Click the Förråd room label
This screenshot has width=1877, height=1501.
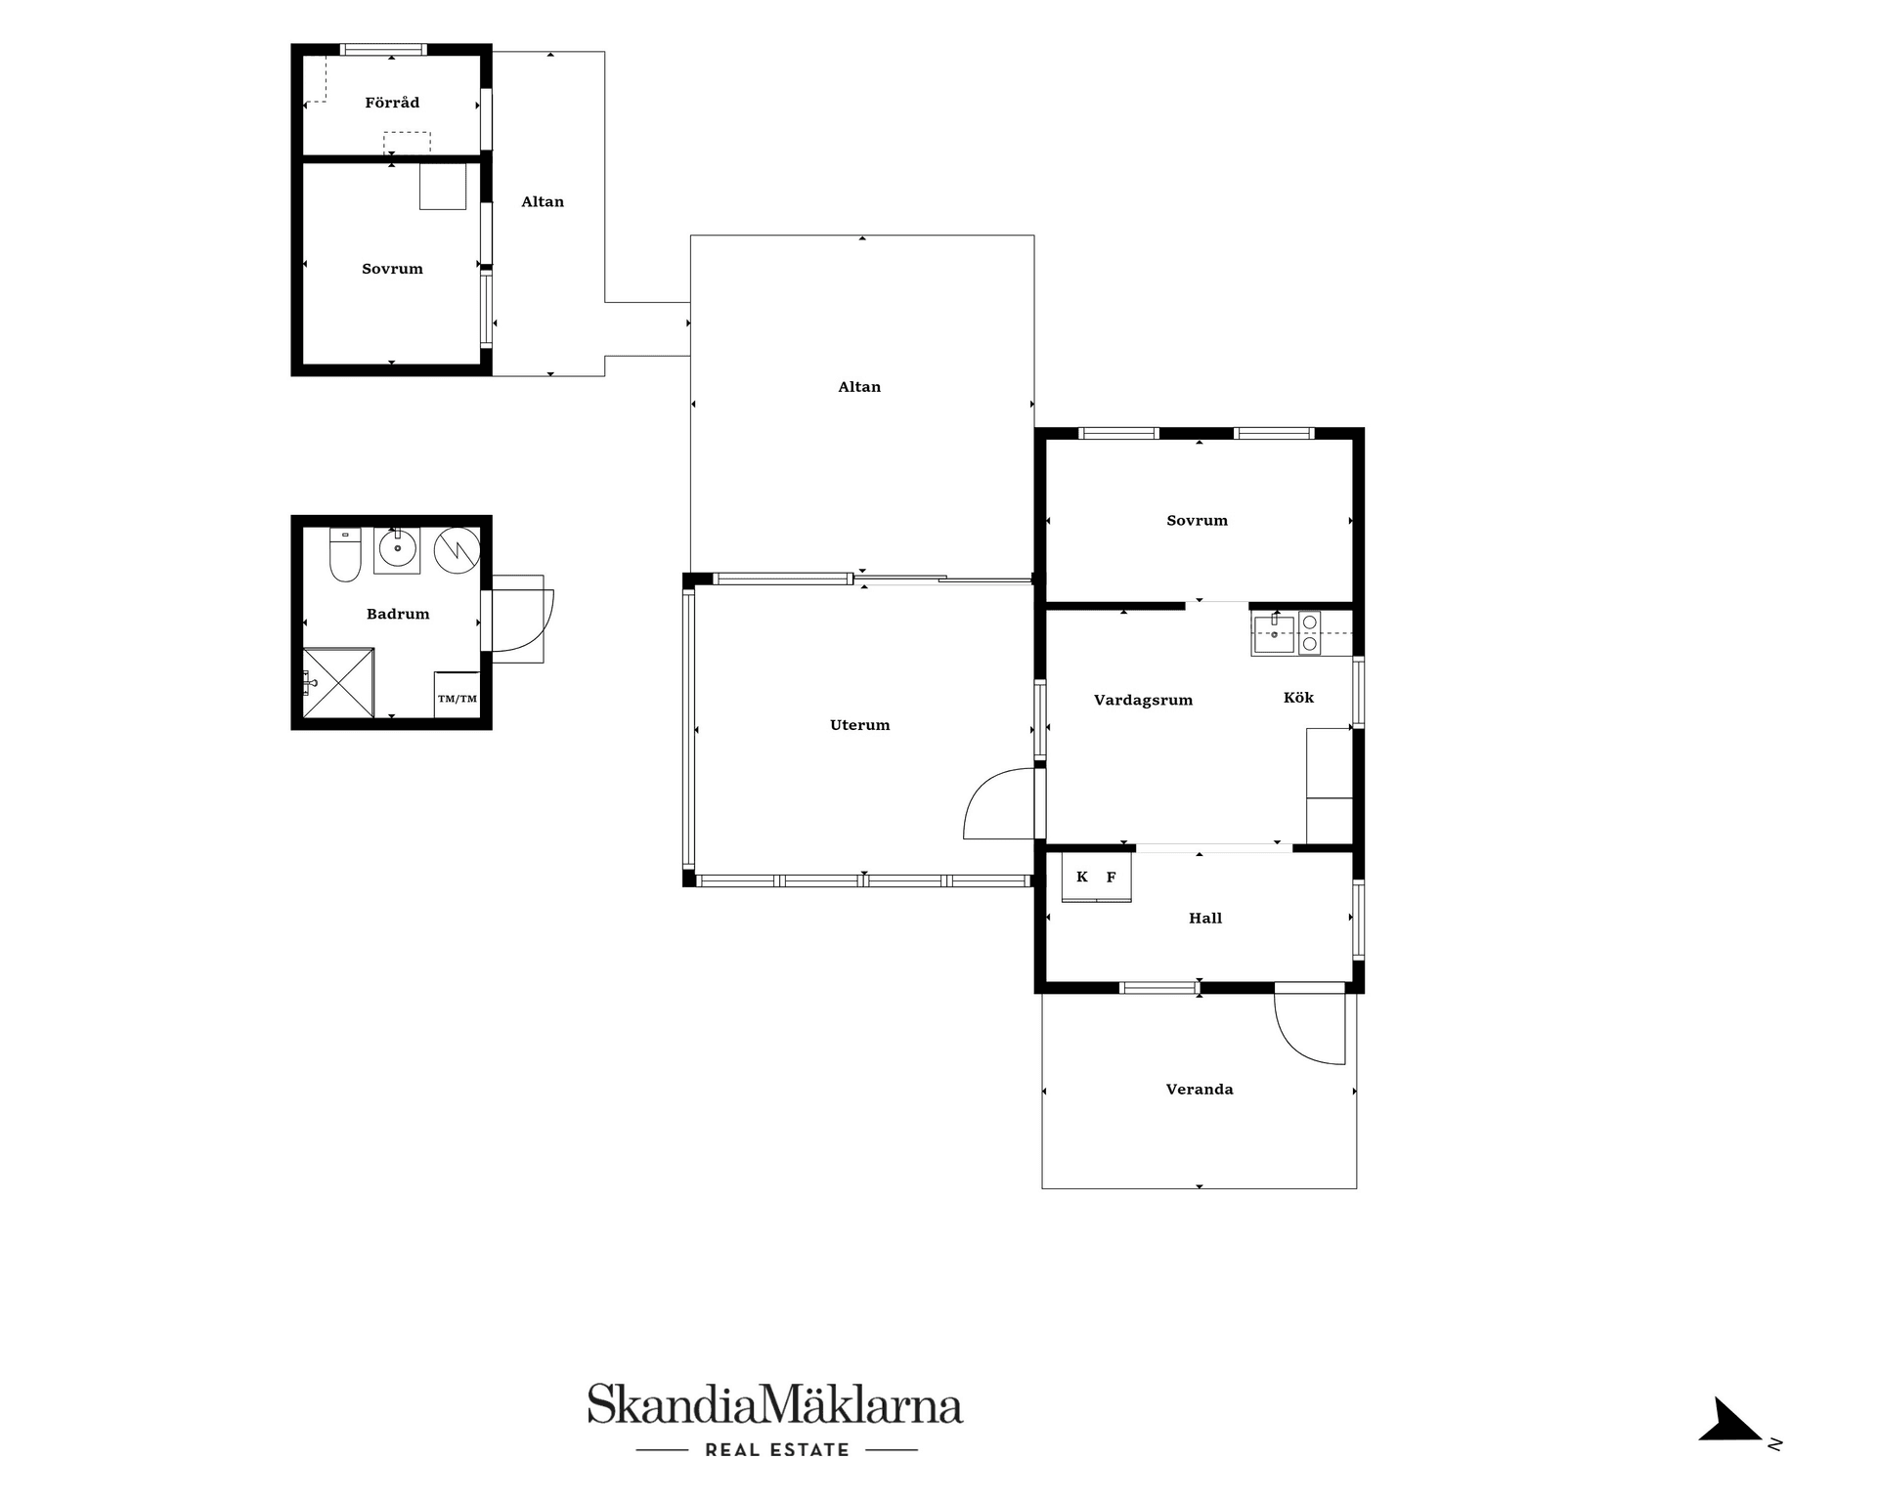click(392, 103)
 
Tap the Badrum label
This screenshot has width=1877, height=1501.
click(398, 614)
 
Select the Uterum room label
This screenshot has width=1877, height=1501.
click(860, 725)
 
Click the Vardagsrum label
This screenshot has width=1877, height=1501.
click(1143, 700)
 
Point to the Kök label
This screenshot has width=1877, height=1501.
click(1298, 697)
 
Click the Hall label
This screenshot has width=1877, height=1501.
click(1205, 918)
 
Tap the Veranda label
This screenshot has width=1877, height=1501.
click(1200, 1089)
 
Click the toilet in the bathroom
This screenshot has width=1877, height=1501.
click(345, 554)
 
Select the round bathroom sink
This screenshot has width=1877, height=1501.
click(397, 549)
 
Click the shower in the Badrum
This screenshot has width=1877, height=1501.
click(338, 683)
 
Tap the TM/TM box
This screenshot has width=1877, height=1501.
click(457, 695)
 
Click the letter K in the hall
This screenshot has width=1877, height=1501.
click(1082, 877)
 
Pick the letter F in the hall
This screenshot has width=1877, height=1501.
click(1111, 877)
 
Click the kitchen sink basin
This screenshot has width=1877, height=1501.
click(1274, 634)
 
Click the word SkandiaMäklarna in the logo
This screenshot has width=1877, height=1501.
click(775, 1404)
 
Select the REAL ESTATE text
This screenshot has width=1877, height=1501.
click(777, 1450)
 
